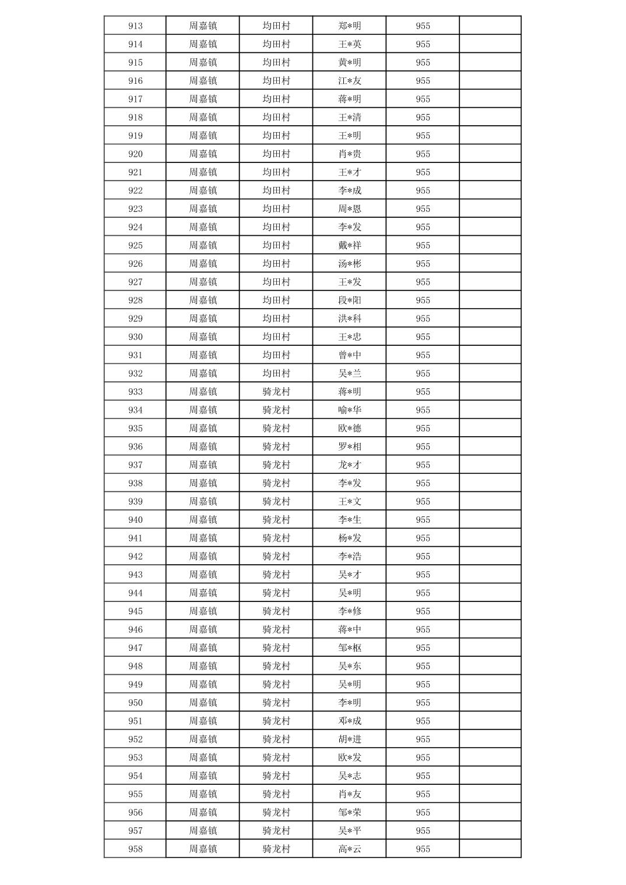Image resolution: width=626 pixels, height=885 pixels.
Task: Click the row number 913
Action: tap(135, 26)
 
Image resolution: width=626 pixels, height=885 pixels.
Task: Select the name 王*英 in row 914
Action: tap(350, 44)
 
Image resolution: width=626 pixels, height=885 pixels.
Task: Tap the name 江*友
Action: tap(350, 81)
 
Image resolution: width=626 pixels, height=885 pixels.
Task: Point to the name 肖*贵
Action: tap(350, 154)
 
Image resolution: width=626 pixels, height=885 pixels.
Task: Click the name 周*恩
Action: tap(350, 208)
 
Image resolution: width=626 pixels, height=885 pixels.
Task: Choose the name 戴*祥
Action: tap(350, 245)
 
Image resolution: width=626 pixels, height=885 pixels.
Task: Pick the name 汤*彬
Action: tap(350, 264)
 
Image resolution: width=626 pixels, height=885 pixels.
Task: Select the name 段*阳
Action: tap(350, 300)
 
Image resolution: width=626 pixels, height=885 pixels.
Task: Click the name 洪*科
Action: tap(350, 318)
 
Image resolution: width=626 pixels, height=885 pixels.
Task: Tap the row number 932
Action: tap(135, 373)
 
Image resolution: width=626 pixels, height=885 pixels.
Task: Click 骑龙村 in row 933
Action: tap(276, 392)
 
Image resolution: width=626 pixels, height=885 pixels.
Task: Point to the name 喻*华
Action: tap(350, 410)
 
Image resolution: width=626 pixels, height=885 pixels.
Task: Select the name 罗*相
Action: tap(350, 447)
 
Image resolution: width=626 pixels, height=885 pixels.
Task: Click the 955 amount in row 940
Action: tap(423, 520)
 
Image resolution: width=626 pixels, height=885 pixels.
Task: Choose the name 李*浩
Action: tap(350, 556)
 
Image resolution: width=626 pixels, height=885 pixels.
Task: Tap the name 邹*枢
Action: tap(350, 647)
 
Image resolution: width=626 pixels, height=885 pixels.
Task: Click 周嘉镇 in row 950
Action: tap(203, 703)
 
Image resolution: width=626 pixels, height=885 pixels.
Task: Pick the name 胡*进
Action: tap(350, 739)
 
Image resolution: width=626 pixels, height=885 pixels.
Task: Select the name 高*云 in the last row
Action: tap(350, 849)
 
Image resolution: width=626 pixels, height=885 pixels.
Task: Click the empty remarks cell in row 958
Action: tap(490, 849)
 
